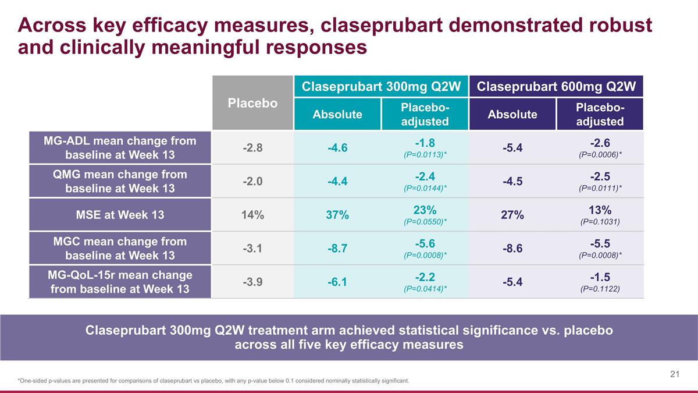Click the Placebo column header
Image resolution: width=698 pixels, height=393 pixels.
pyautogui.click(x=252, y=103)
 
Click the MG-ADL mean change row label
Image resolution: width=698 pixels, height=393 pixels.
pyautogui.click(x=120, y=148)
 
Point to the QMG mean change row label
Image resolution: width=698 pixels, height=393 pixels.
pyautogui.click(x=120, y=181)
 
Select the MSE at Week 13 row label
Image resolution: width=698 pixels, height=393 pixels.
pyautogui.click(x=120, y=214)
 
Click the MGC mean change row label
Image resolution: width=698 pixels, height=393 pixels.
pyautogui.click(x=120, y=248)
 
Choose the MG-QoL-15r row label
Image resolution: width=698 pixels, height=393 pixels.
pyautogui.click(x=120, y=281)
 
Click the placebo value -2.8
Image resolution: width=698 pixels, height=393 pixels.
pyautogui.click(x=252, y=148)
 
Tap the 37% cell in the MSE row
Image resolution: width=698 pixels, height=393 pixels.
pyautogui.click(x=337, y=215)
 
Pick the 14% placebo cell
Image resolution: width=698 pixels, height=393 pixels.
pyautogui.click(x=252, y=215)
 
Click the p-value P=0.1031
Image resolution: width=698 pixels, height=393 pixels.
pyautogui.click(x=599, y=222)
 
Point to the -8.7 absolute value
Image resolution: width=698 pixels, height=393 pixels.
pyautogui.click(x=337, y=249)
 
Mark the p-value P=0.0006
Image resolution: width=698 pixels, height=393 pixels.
pyautogui.click(x=599, y=155)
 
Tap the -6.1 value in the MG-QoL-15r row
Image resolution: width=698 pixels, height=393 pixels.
pyautogui.click(x=337, y=282)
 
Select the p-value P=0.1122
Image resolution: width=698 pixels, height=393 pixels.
pyautogui.click(x=599, y=289)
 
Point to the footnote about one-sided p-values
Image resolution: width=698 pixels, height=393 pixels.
pyautogui.click(x=213, y=381)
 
